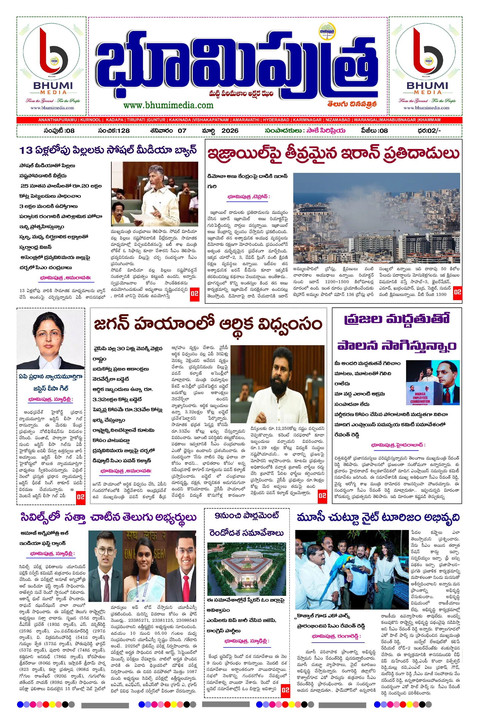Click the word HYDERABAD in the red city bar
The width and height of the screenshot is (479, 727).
coord(276,120)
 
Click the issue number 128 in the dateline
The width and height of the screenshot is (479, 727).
coord(123,131)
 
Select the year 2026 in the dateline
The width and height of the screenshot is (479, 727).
coord(230,131)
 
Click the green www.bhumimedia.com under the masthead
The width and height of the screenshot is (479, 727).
coord(168,105)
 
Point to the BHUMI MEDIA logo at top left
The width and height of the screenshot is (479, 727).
coord(52,66)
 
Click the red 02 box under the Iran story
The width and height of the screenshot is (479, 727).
coord(457,292)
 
